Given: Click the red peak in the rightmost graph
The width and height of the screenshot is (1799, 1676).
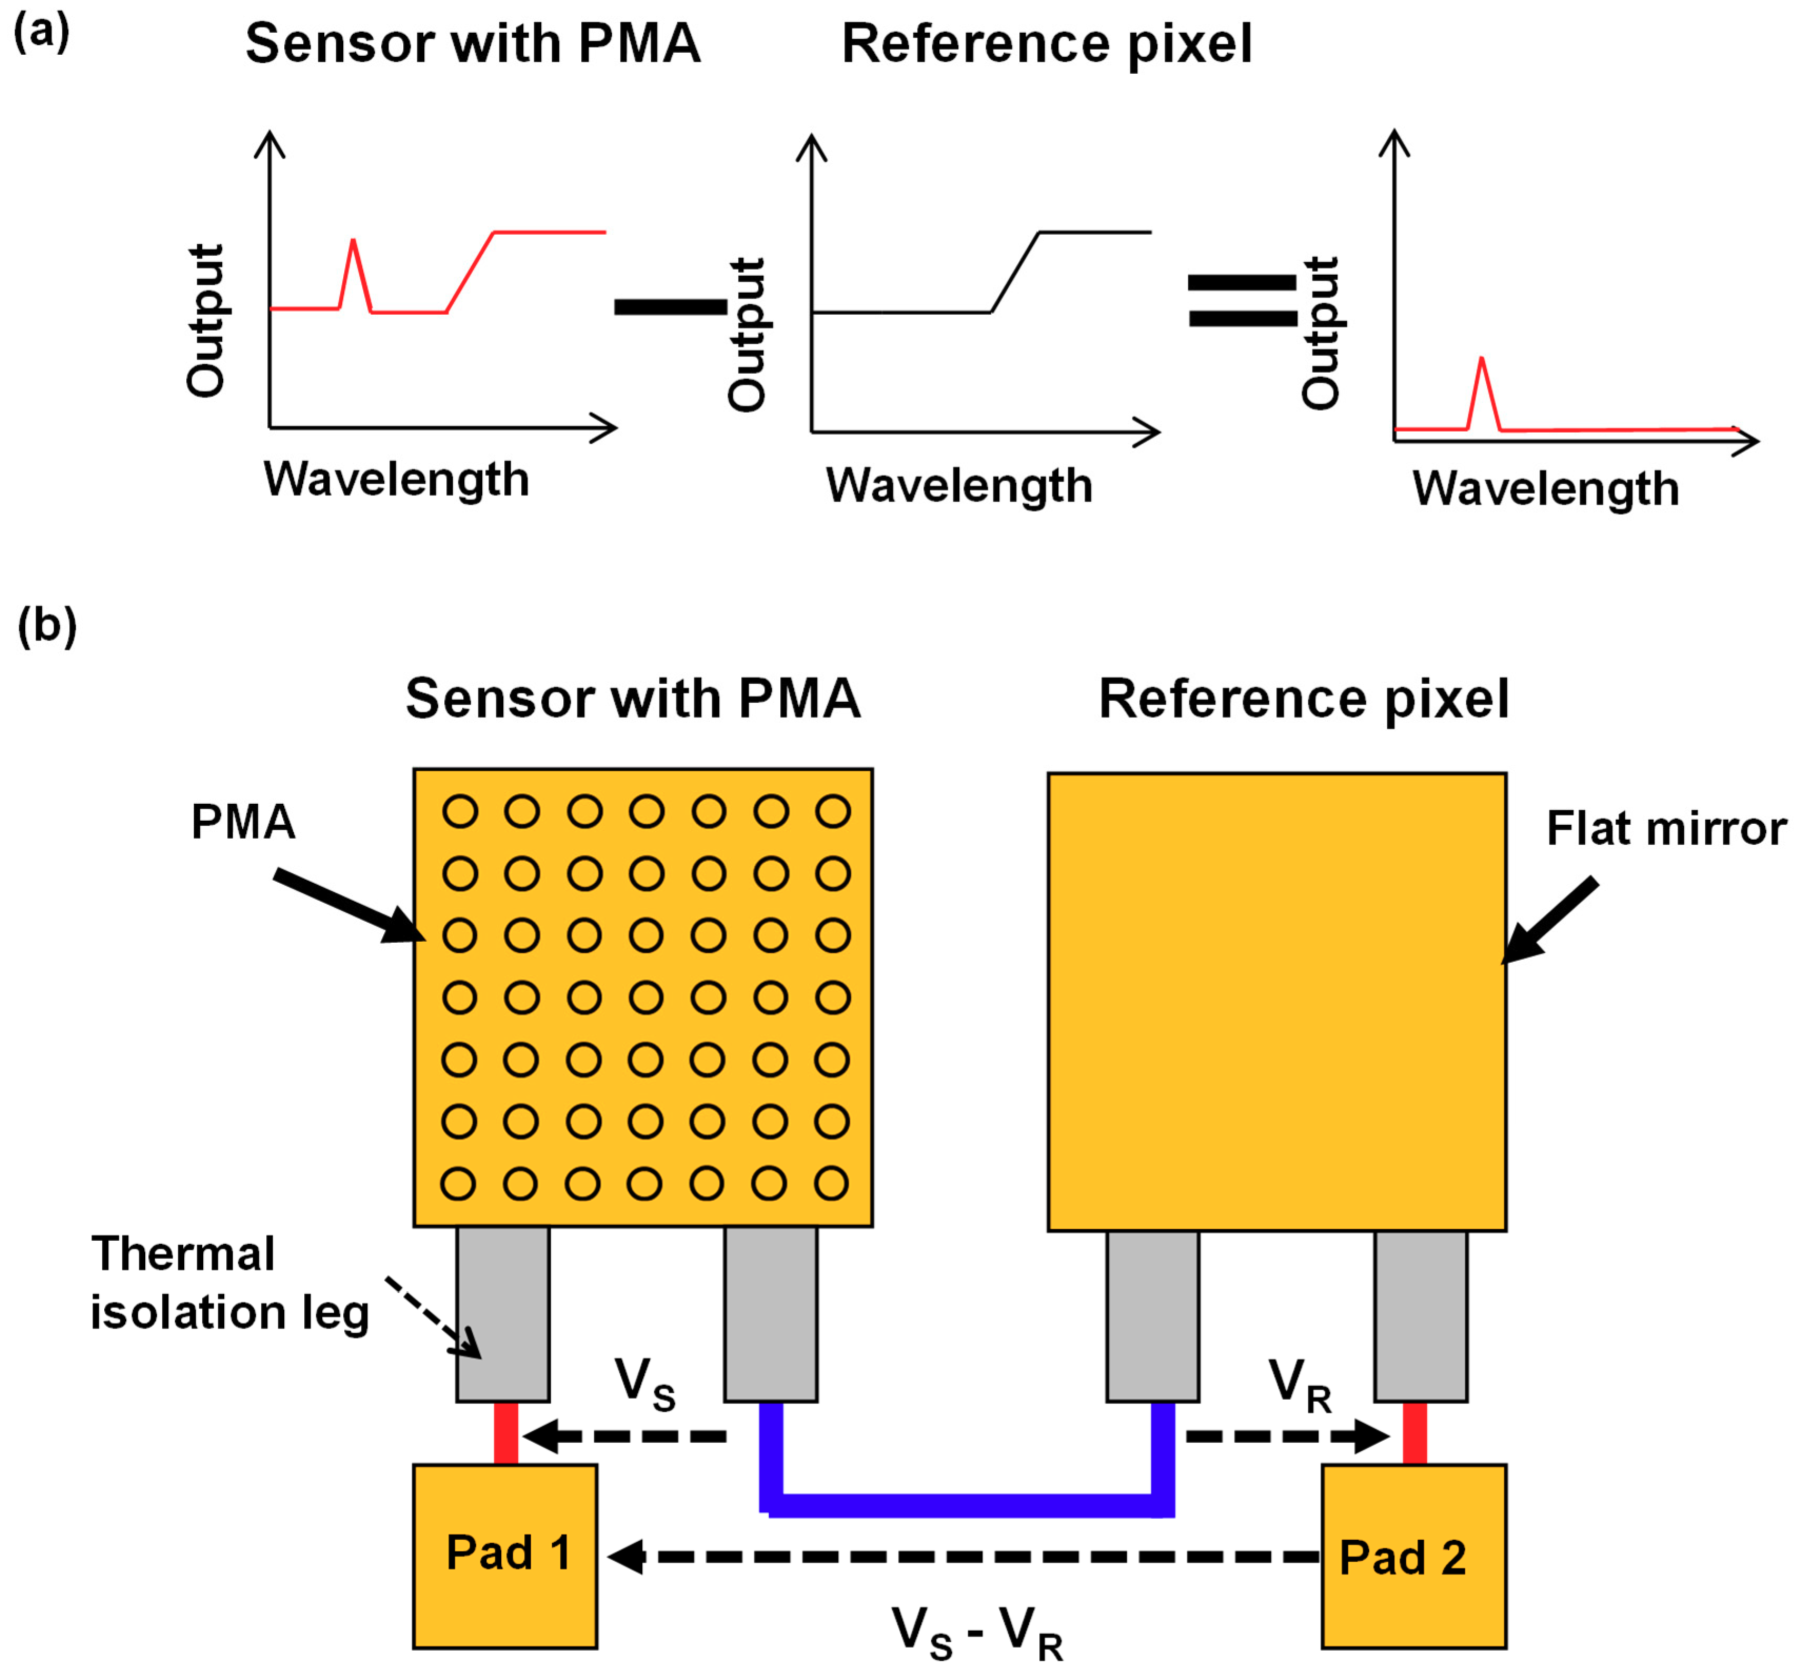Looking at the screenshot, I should pos(1482,362).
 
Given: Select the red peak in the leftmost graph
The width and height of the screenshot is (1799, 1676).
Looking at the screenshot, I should pos(353,244).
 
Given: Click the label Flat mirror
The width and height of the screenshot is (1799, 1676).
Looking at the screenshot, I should pos(1666,828).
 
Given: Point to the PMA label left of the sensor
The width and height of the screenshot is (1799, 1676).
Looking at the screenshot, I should pos(243,822).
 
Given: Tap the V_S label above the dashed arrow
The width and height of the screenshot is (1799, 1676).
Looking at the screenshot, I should pos(645,1384).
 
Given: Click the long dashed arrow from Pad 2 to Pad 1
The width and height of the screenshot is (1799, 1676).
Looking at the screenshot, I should pos(964,1557).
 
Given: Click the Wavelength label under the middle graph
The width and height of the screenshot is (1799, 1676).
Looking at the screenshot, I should pos(959,486).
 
